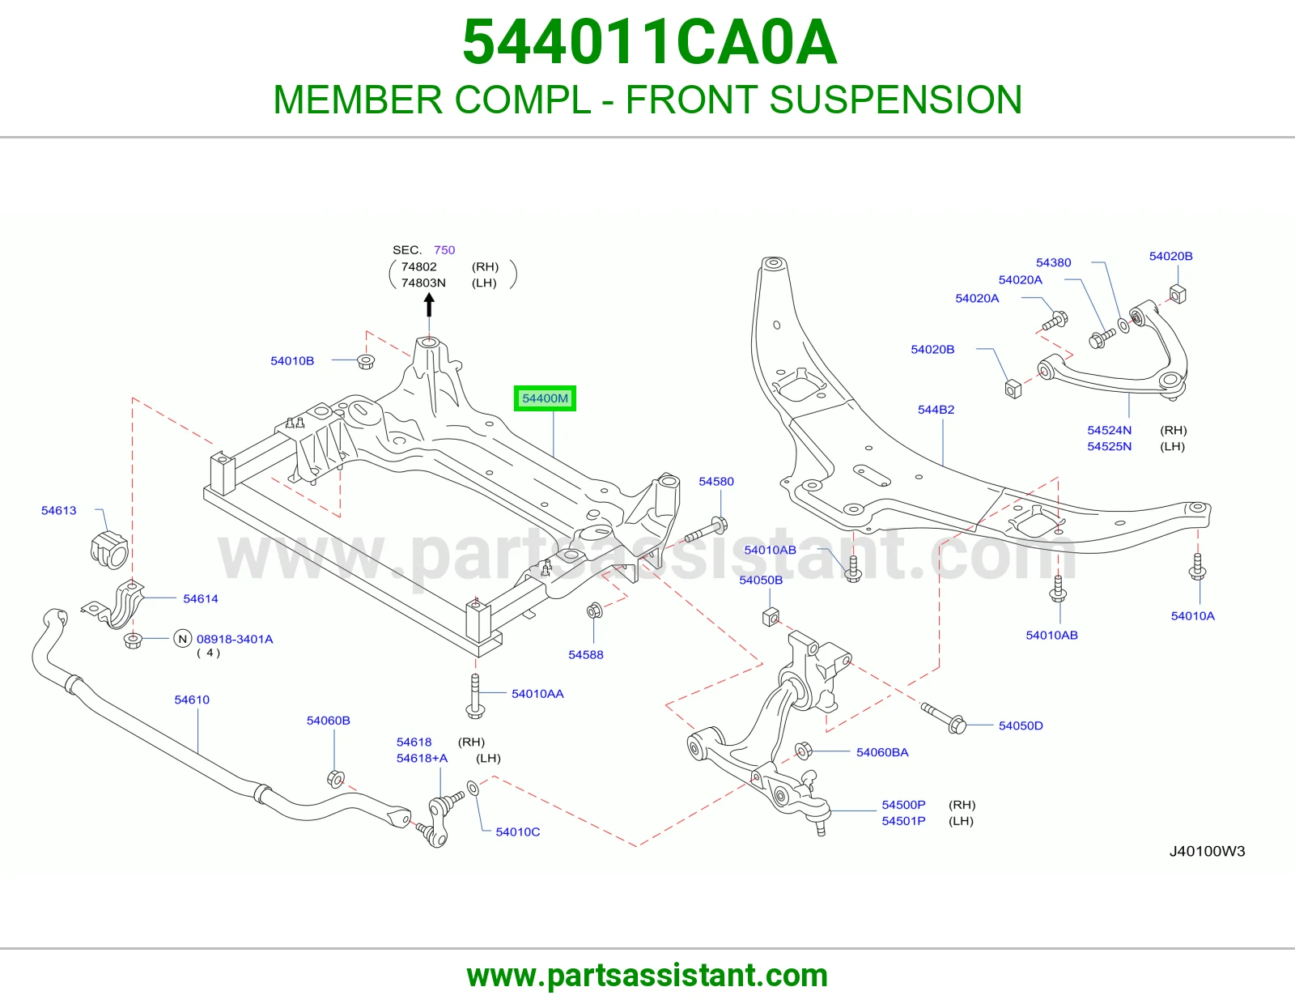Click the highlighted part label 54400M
tap(545, 398)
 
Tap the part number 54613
tap(58, 510)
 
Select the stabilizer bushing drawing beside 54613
tap(109, 548)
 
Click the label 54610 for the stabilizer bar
tap(191, 700)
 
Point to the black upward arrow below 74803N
tap(429, 306)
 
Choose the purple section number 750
tap(444, 250)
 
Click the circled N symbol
tap(182, 639)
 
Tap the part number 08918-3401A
tap(235, 639)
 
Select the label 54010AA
tap(537, 693)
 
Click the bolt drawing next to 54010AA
tap(475, 696)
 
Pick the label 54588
tap(586, 655)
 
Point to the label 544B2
tap(936, 410)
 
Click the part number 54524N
tap(1109, 430)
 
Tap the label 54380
tap(1053, 262)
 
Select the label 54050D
tap(1021, 725)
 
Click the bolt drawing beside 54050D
tap(944, 718)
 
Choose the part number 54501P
tap(903, 821)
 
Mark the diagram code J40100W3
tap(1207, 851)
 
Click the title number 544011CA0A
tap(650, 42)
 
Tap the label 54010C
tap(518, 832)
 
